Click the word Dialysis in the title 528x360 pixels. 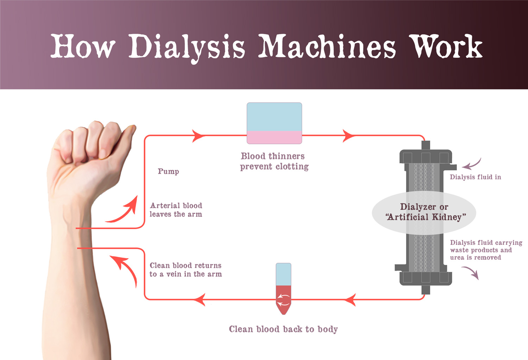(187, 47)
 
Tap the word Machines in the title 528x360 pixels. (327, 47)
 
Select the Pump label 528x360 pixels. (168, 171)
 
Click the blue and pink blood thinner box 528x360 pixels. (274, 123)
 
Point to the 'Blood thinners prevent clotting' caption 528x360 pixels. (274, 161)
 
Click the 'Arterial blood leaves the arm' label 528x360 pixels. (176, 210)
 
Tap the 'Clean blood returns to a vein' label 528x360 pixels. (186, 270)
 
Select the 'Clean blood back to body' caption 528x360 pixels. (283, 329)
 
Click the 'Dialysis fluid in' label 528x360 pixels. (475, 177)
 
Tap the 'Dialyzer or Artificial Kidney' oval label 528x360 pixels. (424, 212)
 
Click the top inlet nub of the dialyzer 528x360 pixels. (426, 145)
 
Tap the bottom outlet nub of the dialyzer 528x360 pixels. (426, 290)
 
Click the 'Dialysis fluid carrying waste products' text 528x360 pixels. (486, 250)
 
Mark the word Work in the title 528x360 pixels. (447, 47)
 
